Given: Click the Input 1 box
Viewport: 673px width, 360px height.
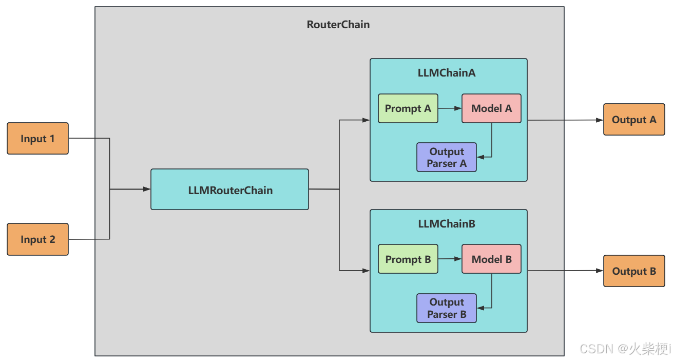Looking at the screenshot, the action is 38,139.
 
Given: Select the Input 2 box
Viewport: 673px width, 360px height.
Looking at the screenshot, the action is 38,239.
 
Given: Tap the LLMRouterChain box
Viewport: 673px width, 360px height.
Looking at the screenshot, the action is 230,190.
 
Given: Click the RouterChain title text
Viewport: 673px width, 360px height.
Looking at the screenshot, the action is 338,25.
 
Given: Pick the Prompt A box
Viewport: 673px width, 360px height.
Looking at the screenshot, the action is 408,108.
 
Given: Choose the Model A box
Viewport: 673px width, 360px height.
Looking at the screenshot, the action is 491,108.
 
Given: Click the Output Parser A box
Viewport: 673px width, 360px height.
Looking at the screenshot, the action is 447,157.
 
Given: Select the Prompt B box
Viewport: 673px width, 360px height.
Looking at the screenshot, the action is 408,259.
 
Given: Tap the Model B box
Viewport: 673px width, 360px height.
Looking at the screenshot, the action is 491,259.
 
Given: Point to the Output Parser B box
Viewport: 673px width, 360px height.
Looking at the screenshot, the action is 447,308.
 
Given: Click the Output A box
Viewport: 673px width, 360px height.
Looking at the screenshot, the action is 634,120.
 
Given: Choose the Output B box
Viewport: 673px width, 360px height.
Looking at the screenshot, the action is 634,271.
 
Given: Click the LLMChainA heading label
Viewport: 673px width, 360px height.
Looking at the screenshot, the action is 447,73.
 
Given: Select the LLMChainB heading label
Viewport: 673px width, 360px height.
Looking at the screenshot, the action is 447,224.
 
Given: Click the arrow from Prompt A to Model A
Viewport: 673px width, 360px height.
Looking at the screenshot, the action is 450,108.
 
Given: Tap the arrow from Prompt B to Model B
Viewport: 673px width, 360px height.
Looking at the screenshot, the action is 450,259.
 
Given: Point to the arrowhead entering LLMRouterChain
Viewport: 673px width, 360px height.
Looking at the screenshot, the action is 147,189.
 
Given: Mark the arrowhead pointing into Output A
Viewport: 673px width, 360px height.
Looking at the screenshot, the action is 600,120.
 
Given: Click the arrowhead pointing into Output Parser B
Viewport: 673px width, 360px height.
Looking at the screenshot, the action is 480,308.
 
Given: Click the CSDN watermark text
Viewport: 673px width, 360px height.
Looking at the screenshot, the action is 625,349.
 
